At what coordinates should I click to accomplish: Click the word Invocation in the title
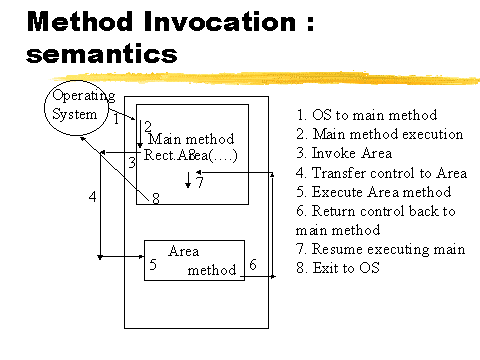(x=220, y=22)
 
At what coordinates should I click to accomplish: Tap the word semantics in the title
(x=102, y=54)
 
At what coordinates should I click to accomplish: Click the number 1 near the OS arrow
(x=116, y=119)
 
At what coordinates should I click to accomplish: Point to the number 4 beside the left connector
(x=93, y=197)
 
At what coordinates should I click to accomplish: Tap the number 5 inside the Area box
(x=153, y=264)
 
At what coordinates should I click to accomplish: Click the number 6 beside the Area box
(x=253, y=265)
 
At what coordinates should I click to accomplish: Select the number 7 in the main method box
(x=200, y=182)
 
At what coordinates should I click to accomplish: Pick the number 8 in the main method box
(x=156, y=199)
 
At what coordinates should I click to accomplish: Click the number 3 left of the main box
(x=132, y=163)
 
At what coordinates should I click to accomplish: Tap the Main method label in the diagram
(x=191, y=139)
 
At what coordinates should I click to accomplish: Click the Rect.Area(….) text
(x=190, y=155)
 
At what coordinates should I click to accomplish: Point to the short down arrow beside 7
(x=188, y=180)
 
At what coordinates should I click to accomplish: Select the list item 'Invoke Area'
(x=344, y=153)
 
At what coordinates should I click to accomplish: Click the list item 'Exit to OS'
(x=338, y=268)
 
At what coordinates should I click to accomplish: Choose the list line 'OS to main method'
(x=367, y=115)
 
